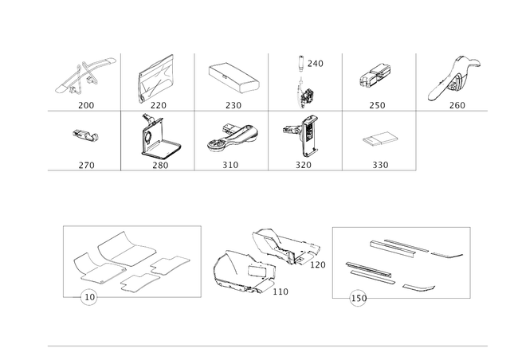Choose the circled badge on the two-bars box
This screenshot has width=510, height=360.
point(358,299)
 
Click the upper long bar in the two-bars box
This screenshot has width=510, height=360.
point(414,248)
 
